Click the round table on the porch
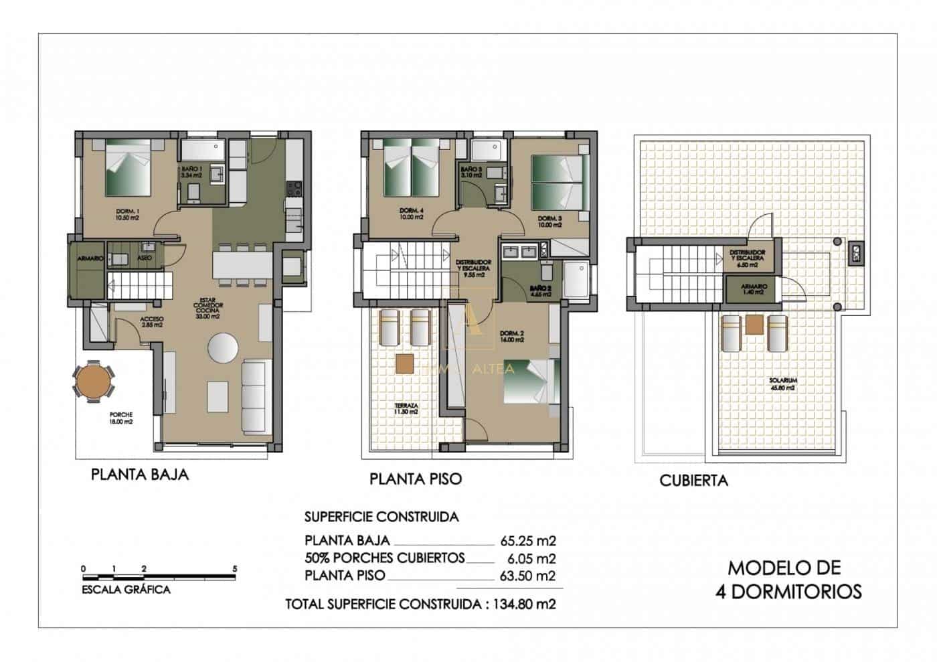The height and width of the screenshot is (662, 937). tap(94, 381)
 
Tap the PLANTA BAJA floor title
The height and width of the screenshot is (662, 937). tap(139, 475)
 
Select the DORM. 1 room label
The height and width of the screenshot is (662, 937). tap(126, 214)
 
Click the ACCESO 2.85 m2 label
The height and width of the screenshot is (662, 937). tap(152, 322)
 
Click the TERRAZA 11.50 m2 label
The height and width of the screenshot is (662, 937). tap(406, 408)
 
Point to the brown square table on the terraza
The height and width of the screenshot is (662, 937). tap(405, 363)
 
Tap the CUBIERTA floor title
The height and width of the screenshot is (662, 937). tap(693, 481)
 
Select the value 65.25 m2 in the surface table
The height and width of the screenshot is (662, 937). tap(528, 541)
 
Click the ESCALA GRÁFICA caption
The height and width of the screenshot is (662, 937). tap(125, 590)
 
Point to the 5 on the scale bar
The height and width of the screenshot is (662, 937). tap(234, 568)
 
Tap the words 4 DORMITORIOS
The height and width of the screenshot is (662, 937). tap(795, 591)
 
